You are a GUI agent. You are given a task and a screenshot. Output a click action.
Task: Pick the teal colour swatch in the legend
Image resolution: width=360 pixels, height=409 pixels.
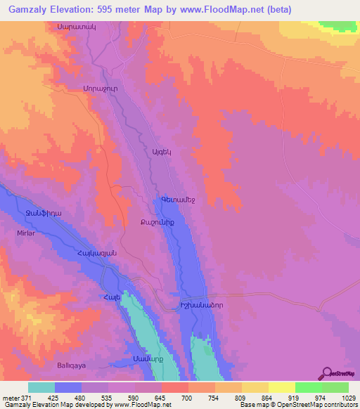41,387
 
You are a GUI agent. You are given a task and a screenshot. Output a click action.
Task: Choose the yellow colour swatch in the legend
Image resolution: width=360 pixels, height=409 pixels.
282,387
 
